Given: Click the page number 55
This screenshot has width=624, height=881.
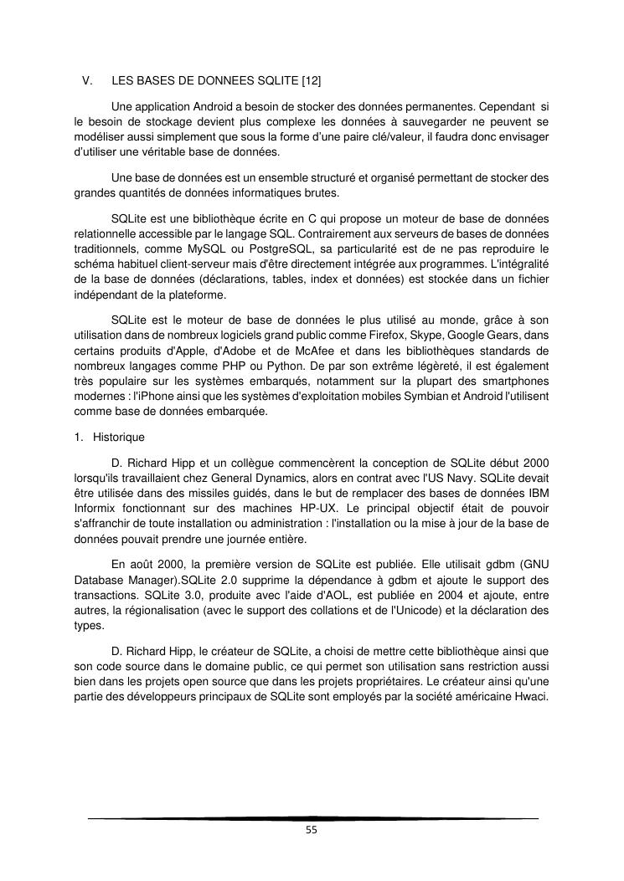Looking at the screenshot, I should (312, 831).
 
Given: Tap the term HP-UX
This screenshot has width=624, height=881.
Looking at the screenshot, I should (307, 507).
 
